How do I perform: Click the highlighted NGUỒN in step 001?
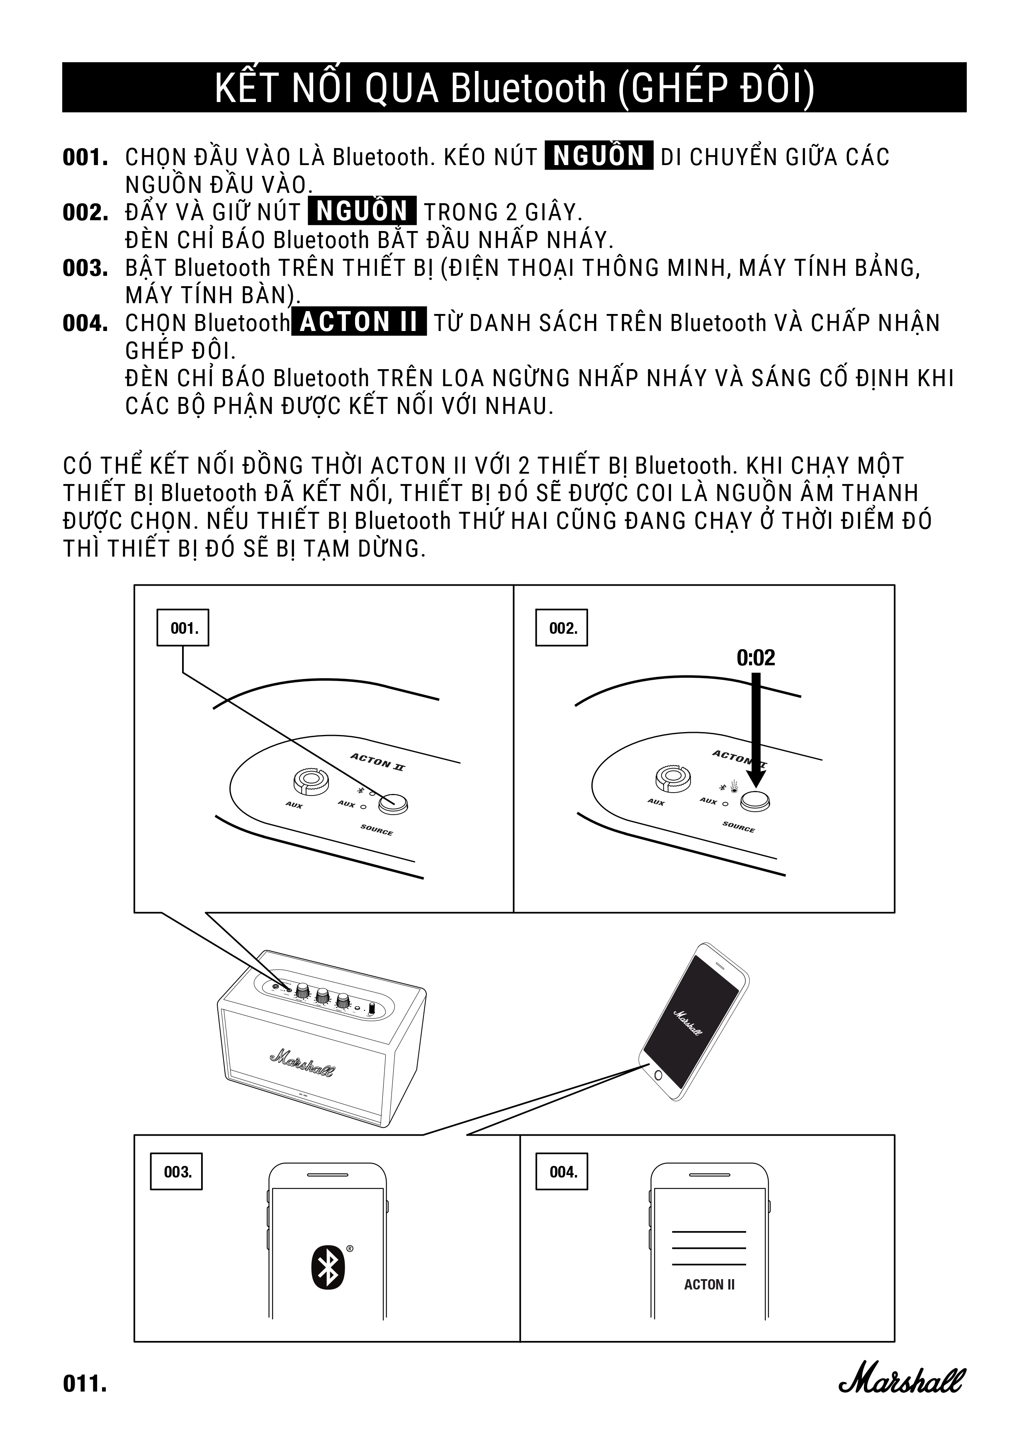(599, 156)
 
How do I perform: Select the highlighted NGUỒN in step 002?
(362, 211)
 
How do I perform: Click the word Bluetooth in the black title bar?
(528, 88)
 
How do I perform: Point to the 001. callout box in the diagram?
(183, 628)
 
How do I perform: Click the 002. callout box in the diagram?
(562, 628)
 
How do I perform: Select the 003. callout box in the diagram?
(177, 1172)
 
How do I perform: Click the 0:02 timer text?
(756, 658)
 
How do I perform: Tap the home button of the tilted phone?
(658, 1075)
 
